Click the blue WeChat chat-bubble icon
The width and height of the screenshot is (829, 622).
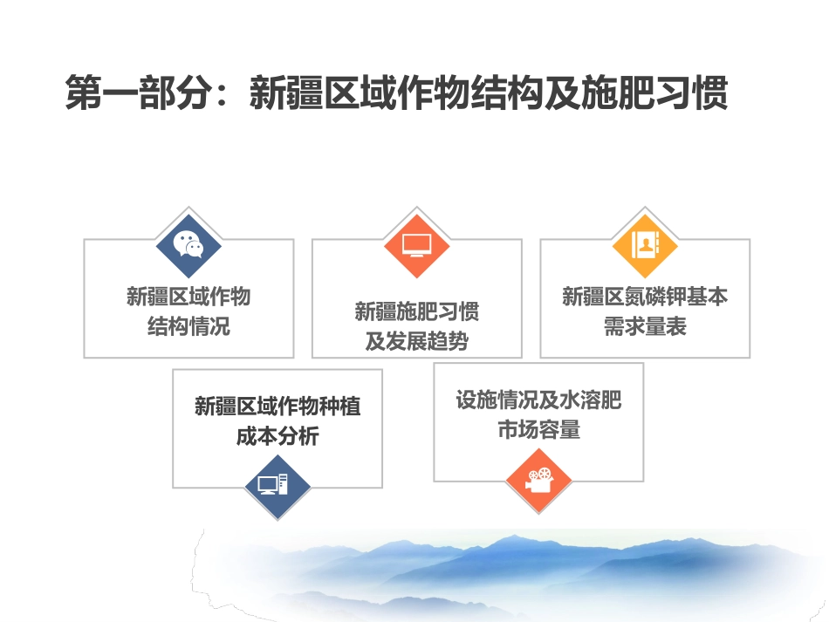[188, 245]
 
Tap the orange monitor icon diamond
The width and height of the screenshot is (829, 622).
[416, 245]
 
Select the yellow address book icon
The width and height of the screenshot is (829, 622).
[645, 245]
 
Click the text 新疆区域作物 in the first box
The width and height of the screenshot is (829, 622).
[188, 297]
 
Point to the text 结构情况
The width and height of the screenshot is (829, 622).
[188, 327]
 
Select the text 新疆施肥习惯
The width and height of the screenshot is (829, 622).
[416, 311]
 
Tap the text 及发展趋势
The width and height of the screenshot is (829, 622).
[416, 342]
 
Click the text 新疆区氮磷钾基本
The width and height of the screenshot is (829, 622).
[645, 297]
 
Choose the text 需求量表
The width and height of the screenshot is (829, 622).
[645, 327]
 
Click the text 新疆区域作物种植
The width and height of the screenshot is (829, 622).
[277, 407]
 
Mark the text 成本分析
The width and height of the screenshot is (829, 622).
[277, 436]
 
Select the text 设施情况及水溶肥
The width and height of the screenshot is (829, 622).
[538, 400]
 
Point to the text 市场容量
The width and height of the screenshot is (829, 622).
[538, 430]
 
